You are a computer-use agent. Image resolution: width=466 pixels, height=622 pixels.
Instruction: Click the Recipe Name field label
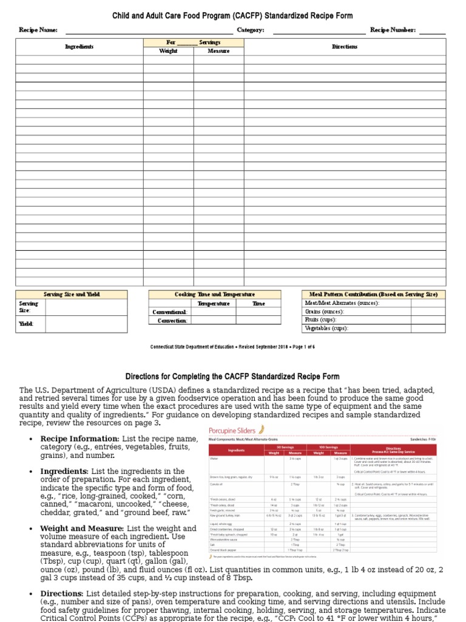38,30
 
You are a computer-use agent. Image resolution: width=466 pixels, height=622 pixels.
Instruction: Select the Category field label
250,30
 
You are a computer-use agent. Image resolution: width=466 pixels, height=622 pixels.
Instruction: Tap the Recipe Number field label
393,30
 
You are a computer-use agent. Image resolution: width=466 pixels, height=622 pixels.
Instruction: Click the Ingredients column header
79,47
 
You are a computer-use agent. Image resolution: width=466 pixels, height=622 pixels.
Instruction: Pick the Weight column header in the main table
168,51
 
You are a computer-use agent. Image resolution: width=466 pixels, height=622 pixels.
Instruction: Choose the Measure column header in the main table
218,51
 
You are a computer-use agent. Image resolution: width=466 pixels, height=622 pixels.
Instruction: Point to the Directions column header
345,47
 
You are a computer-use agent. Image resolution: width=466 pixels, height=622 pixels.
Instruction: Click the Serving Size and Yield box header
72,294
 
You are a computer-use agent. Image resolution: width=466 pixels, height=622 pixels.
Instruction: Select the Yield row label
25,324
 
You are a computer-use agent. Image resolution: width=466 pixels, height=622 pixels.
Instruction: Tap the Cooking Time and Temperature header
215,294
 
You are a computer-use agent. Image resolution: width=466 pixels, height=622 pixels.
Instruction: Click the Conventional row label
169,312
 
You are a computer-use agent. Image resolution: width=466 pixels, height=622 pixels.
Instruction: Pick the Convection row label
172,320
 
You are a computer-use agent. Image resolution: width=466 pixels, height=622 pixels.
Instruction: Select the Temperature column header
214,303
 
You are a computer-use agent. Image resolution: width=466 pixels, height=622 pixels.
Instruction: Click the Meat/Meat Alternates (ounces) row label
342,302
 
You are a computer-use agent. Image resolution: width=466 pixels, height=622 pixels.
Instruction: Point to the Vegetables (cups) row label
326,328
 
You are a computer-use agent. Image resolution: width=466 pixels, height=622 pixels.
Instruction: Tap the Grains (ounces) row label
324,311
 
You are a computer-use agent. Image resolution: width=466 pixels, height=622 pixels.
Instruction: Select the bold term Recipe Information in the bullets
79,439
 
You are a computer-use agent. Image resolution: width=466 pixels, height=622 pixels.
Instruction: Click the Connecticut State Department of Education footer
233,347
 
